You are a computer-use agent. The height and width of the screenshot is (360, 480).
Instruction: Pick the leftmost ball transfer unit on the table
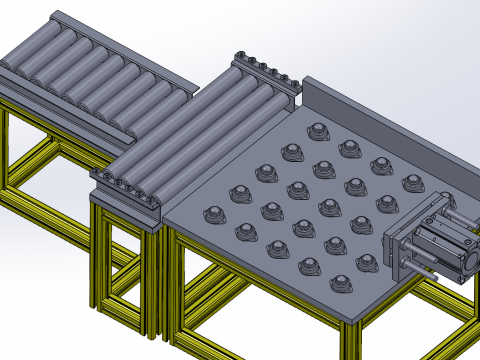213,213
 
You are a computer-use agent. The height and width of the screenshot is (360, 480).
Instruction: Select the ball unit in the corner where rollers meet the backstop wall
318,130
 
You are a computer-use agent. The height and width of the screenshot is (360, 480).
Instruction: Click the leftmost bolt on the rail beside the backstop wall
239,57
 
